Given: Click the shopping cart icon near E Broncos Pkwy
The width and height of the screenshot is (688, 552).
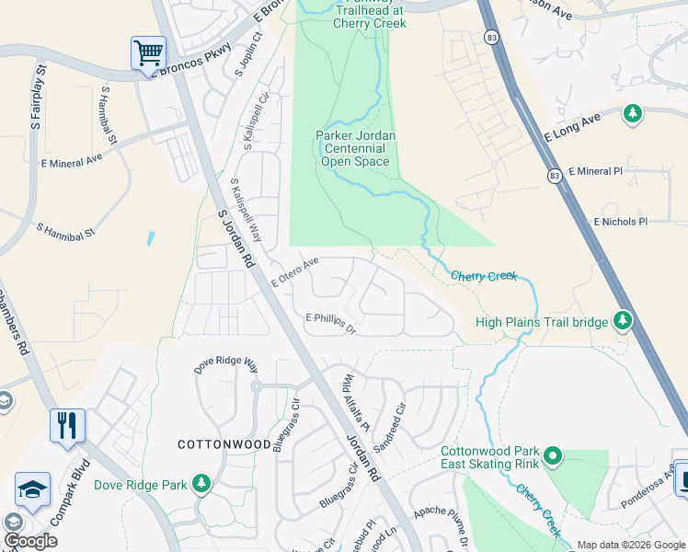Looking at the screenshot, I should point(147,52).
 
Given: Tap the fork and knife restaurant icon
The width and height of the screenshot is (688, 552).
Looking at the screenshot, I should point(67,426).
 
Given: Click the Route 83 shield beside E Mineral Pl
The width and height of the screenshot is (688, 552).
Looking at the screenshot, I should point(554,176).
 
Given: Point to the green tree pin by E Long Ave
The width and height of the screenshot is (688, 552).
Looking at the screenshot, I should point(632,114).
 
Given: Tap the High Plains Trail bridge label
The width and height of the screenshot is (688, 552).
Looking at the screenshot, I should point(542,322).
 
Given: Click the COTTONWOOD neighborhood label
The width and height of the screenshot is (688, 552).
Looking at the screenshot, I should point(225,444).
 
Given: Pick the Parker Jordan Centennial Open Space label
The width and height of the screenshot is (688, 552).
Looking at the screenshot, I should point(354,148).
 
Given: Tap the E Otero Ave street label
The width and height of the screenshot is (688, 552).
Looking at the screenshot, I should point(294,273).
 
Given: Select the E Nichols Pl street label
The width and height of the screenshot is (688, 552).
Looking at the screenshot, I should point(621,222).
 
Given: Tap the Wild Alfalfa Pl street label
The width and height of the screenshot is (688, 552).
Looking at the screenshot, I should point(356,403).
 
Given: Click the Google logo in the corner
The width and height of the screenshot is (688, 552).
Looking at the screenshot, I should point(30,541).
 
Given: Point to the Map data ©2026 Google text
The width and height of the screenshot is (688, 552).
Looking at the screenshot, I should point(631,545).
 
